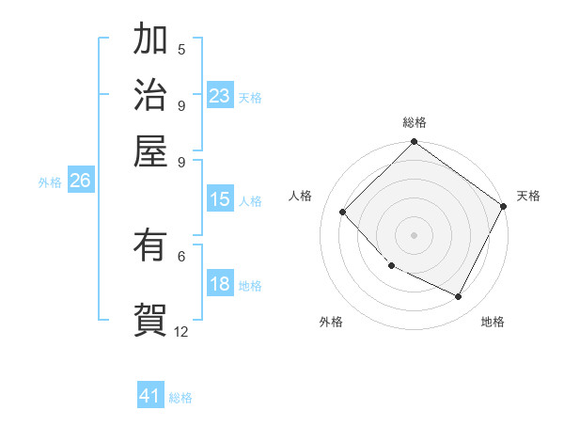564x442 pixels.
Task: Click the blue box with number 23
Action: click(x=220, y=96)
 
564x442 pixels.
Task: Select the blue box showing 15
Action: click(x=220, y=199)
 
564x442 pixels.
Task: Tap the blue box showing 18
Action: click(x=220, y=285)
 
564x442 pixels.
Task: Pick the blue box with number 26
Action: click(x=80, y=182)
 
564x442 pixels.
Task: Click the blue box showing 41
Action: click(x=150, y=396)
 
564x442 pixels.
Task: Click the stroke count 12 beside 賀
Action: click(x=181, y=331)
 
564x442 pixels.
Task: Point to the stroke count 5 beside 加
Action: click(x=181, y=50)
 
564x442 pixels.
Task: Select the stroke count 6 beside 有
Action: click(x=181, y=255)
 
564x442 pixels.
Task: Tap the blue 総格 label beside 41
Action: click(x=180, y=398)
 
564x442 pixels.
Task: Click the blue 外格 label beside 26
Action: click(x=50, y=183)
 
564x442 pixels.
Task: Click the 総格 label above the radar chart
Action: click(x=414, y=122)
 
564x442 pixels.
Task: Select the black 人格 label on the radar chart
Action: click(x=301, y=196)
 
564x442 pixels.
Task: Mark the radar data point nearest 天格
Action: click(x=503, y=206)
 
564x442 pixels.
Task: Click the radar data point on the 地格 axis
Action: click(x=459, y=297)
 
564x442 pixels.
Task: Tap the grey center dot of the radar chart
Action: click(x=414, y=235)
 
